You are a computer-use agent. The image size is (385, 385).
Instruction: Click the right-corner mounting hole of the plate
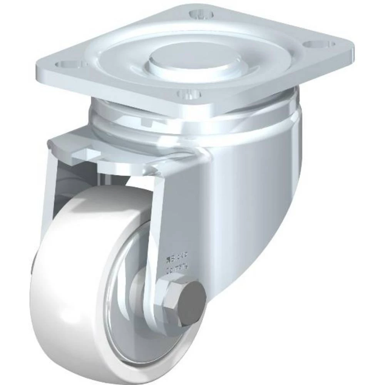(x=318, y=45)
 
